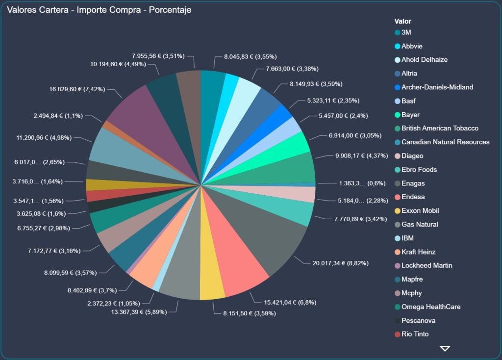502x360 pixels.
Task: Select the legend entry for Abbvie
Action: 412,46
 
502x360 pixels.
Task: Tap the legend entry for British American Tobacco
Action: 440,129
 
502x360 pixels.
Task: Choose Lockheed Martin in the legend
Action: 427,266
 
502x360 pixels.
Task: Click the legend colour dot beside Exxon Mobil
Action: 397,211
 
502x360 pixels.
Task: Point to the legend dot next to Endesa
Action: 397,197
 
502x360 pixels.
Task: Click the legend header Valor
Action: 402,21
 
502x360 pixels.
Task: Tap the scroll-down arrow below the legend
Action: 445,348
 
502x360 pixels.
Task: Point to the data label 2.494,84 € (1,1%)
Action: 58,116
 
